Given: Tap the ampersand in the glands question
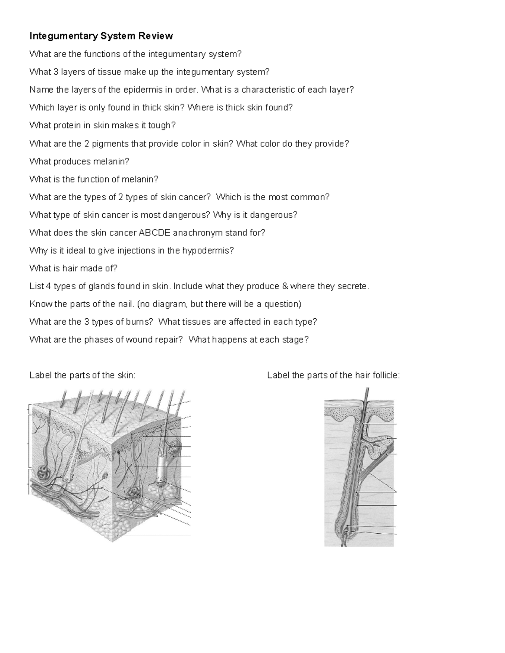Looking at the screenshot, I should click(x=284, y=286).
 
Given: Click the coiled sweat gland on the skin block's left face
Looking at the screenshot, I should click(x=43, y=473).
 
